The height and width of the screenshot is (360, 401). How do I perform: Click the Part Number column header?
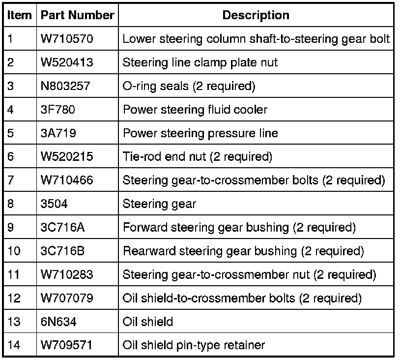tap(77, 15)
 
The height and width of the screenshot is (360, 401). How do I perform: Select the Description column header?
tap(256, 15)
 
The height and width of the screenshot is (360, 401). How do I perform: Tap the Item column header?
tap(19, 15)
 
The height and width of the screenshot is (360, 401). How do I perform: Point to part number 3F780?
tap(58, 110)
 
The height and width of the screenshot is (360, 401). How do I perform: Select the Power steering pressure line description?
tap(200, 133)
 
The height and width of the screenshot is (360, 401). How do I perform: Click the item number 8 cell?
tap(11, 204)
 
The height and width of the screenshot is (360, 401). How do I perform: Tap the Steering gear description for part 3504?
tap(159, 204)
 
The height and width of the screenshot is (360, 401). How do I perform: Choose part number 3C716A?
tap(62, 227)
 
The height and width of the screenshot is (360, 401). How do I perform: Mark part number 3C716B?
tap(62, 251)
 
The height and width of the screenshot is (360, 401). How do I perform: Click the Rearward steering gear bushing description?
tap(243, 251)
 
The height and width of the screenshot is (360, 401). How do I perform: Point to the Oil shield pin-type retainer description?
tap(194, 345)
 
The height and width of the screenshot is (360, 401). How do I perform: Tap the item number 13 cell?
tap(14, 322)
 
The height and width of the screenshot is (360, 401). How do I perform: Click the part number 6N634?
tap(58, 322)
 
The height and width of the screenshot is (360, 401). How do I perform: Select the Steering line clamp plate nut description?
tap(200, 62)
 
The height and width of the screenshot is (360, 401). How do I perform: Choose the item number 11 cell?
tap(14, 274)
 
